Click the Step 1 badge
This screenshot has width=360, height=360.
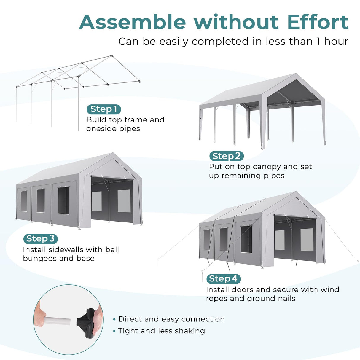click(x=104, y=109)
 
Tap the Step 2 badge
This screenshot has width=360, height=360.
click(x=226, y=156)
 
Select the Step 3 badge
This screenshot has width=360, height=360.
click(x=40, y=239)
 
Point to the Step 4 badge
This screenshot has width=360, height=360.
click(x=223, y=279)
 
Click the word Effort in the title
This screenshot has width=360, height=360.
click(x=318, y=22)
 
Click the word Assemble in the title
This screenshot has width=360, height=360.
click(x=132, y=22)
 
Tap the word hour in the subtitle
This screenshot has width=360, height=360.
click(x=336, y=42)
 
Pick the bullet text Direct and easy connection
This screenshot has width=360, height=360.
click(x=171, y=319)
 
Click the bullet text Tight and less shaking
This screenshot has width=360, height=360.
click(x=161, y=331)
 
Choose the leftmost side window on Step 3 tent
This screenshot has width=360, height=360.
click(x=23, y=201)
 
